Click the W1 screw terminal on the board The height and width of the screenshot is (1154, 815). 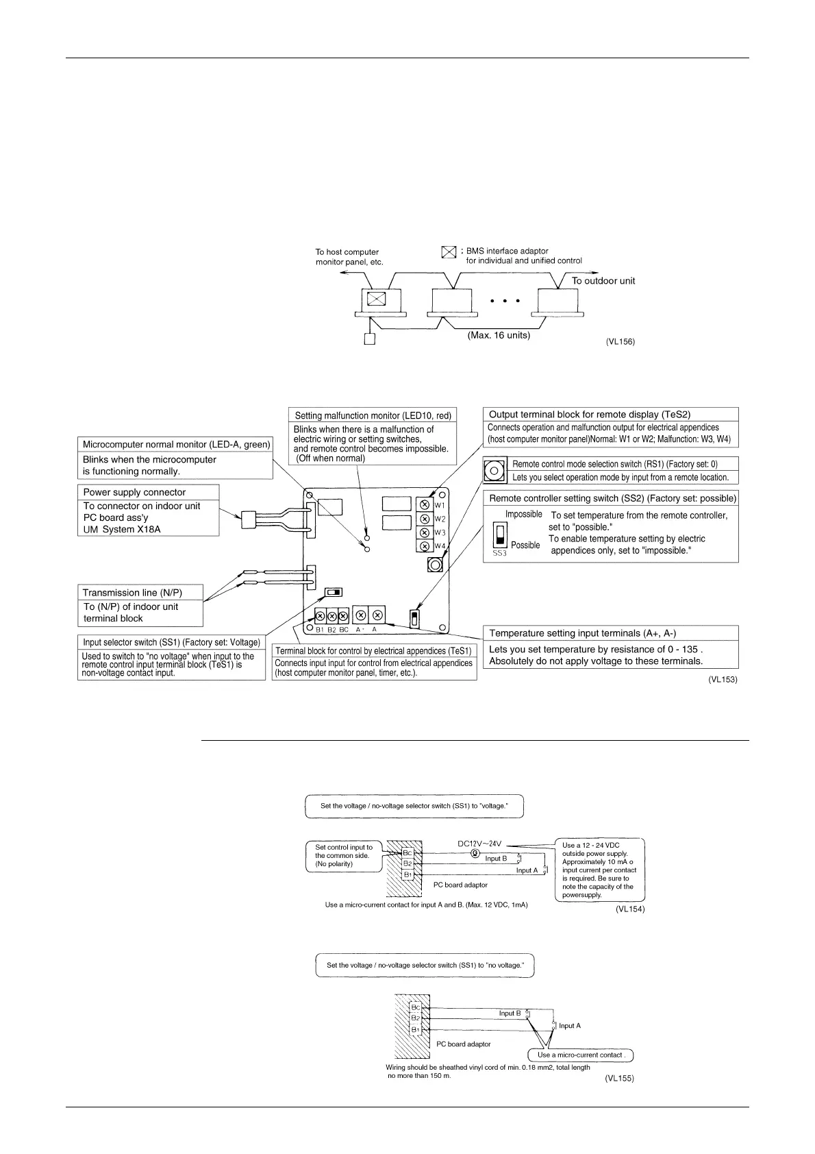(424, 505)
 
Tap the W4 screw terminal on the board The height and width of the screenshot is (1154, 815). (424, 546)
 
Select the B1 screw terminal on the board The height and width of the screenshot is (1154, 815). (320, 616)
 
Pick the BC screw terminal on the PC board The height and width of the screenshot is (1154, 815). (343, 616)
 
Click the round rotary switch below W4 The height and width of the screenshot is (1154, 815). (434, 565)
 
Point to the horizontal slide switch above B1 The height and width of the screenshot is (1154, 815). (334, 592)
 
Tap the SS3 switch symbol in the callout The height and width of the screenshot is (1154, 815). (500, 535)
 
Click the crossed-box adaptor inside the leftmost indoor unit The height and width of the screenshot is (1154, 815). (376, 299)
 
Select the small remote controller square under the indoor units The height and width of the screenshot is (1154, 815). (370, 339)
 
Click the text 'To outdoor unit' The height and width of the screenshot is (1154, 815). (603, 281)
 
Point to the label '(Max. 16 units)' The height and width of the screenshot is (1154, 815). (499, 335)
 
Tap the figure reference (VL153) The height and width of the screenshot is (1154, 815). (723, 680)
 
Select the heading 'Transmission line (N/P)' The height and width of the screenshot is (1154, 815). (132, 593)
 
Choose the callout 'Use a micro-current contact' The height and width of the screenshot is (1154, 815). (581, 1055)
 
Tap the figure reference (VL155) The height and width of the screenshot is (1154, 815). (619, 1078)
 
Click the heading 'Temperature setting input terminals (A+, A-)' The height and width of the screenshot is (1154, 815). (582, 633)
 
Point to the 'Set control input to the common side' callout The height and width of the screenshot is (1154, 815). (344, 855)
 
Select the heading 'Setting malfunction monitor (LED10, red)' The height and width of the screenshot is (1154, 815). (373, 415)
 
